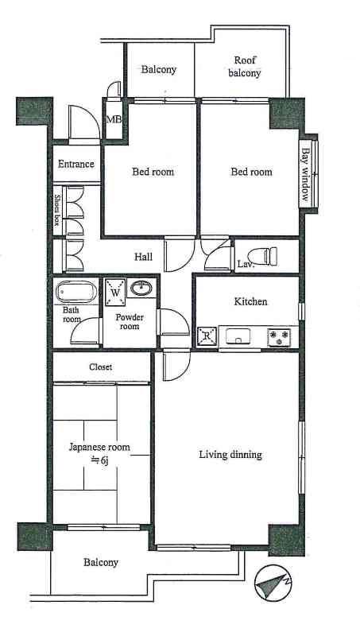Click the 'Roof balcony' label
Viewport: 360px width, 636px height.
click(245, 67)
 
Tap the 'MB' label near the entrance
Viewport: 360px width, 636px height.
click(114, 120)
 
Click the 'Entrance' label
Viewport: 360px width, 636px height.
click(76, 165)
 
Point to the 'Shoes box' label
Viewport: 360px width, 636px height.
click(57, 211)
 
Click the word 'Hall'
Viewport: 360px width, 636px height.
click(143, 257)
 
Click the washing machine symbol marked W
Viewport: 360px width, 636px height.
click(116, 292)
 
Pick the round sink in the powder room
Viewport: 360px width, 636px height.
click(142, 288)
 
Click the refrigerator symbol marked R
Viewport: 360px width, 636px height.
click(207, 336)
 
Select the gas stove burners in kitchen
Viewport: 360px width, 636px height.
click(279, 337)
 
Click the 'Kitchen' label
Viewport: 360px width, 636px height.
click(250, 302)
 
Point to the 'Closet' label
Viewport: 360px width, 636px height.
click(100, 367)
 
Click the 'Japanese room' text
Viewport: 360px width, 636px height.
click(99, 448)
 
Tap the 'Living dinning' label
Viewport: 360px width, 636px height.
click(230, 456)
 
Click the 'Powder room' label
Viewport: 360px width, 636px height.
click(130, 322)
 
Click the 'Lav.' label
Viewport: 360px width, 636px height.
click(246, 264)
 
